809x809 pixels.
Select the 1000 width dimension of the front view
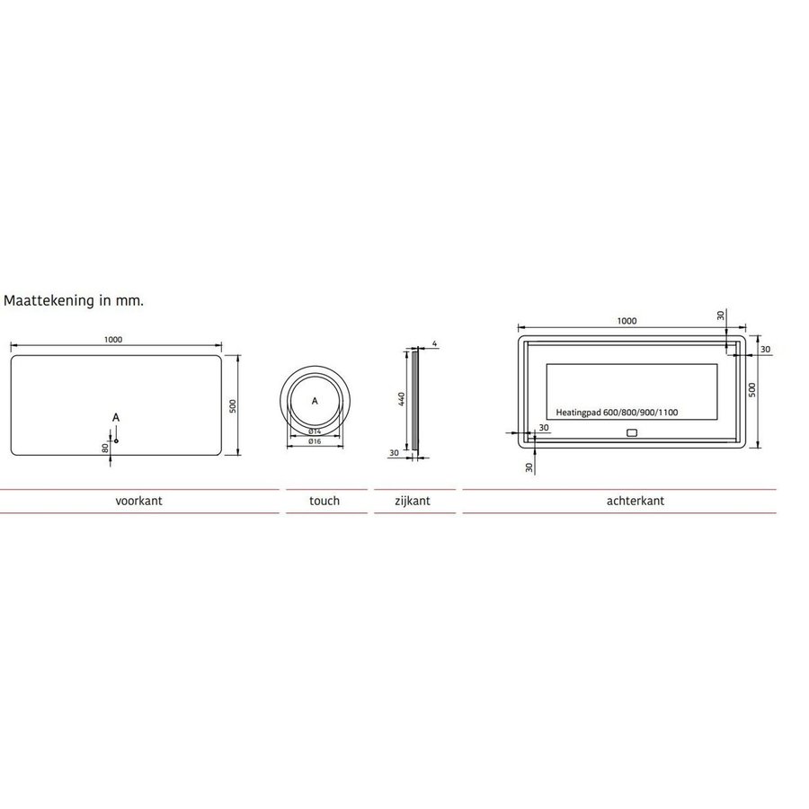113,340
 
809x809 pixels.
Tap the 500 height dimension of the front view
232,406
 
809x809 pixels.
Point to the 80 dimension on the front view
106,446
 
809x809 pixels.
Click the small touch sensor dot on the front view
116,440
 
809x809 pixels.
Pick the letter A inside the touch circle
315,402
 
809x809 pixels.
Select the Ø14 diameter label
315,431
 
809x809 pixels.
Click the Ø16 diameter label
315,441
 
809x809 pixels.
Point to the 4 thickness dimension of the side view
433,344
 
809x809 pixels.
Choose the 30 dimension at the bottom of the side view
395,453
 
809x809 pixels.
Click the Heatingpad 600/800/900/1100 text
618,413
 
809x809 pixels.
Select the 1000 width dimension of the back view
627,321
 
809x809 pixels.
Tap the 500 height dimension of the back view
752,389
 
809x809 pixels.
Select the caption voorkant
138,502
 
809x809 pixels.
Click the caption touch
324,502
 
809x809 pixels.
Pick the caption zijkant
413,502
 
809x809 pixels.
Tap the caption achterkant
636,502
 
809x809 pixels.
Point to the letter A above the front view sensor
116,418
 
